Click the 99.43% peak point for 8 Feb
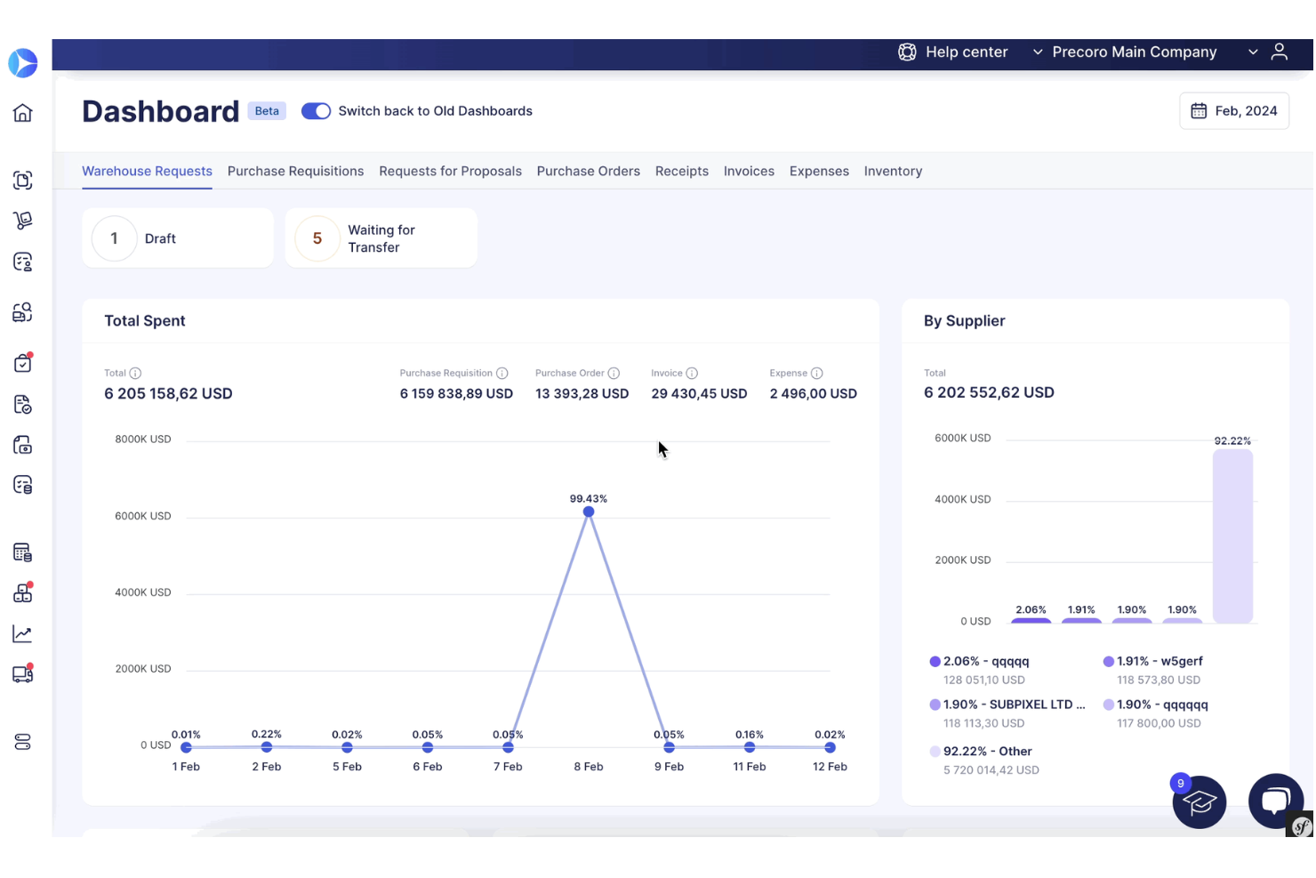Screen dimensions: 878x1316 589,511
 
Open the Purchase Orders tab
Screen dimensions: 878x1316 588,171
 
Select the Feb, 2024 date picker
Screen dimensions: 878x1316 1234,111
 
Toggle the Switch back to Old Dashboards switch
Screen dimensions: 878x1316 316,111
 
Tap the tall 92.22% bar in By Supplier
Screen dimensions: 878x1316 1232,536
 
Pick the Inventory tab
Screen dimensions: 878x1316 893,171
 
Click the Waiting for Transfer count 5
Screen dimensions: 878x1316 317,238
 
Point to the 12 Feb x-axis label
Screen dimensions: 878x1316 830,767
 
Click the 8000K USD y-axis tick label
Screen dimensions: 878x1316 143,439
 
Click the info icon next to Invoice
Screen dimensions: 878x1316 692,374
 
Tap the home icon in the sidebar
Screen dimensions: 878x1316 23,113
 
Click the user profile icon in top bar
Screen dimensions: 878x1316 1279,52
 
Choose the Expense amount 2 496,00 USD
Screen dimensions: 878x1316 813,394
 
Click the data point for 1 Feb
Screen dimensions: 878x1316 186,747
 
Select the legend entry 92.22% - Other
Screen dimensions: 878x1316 987,751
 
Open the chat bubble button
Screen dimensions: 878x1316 1275,800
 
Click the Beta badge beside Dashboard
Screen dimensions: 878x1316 267,111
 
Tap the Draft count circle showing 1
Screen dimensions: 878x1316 114,238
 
